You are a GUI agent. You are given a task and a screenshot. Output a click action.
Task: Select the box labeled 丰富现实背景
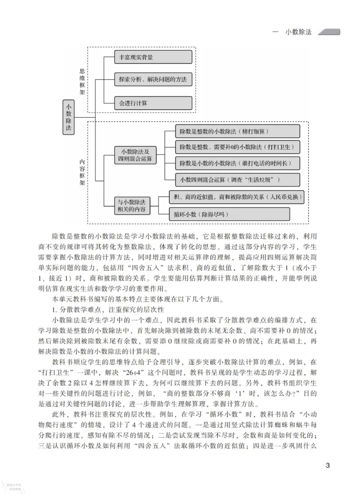click(153, 57)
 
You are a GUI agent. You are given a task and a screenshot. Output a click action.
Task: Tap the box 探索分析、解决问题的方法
click(153, 80)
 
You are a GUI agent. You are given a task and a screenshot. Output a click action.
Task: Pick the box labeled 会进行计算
click(153, 103)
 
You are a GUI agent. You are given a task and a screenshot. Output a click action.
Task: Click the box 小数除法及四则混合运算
click(135, 155)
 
